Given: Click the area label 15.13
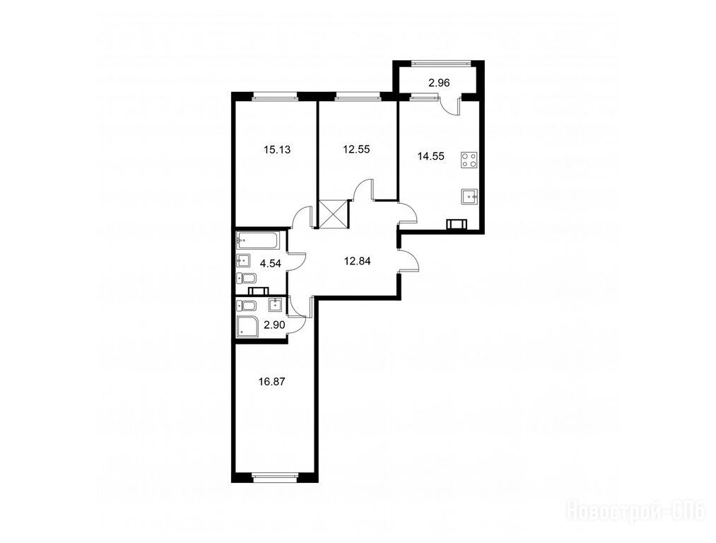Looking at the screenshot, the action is [x=277, y=149].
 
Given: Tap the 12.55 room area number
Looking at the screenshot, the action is [x=356, y=149].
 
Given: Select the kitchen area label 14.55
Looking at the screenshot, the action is [x=430, y=156].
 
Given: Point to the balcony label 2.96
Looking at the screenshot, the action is [x=439, y=83].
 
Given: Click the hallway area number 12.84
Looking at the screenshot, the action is [x=357, y=261].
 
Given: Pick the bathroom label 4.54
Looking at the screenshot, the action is [x=270, y=263].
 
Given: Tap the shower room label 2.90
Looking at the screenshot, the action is [x=275, y=325].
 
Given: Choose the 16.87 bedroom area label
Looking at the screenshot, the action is [x=271, y=382].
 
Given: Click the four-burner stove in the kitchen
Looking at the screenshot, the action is [x=469, y=160].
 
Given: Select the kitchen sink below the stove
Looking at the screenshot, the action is [x=469, y=197].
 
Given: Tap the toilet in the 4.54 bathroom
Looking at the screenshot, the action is [x=247, y=278].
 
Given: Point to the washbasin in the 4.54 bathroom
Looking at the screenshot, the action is [x=243, y=261].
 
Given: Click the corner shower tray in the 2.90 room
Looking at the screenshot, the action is [x=247, y=327].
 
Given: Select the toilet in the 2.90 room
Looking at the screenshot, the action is [x=247, y=305].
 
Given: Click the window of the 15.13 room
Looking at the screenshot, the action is [x=275, y=96].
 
